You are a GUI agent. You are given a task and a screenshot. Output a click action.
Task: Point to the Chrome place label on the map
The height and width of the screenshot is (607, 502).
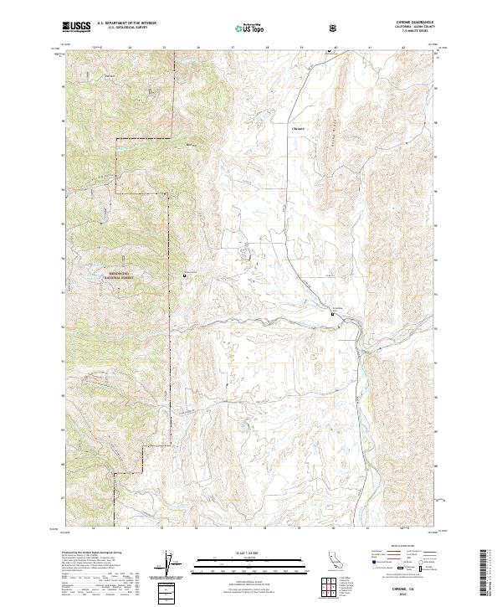[x=298, y=129]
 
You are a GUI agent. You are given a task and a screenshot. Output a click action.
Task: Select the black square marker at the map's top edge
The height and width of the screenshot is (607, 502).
[x=329, y=52]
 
